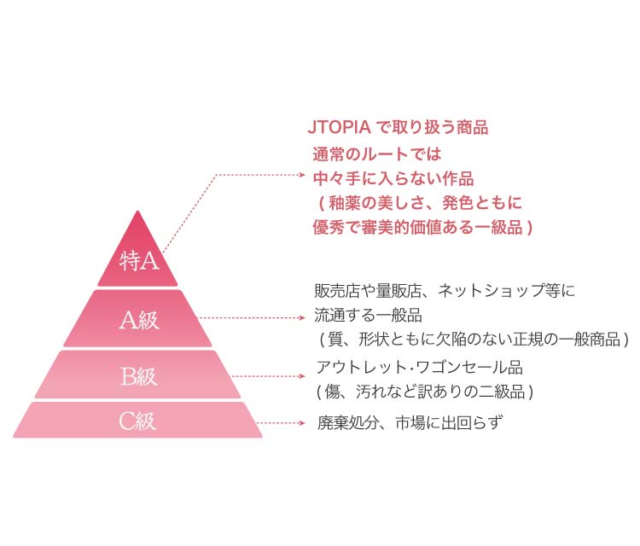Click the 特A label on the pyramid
(139, 260)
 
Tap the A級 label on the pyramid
(139, 320)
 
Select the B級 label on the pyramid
(139, 376)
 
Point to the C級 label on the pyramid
(137, 421)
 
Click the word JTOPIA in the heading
(339, 127)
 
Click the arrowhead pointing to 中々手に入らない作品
(302, 175)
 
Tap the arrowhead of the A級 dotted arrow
(302, 318)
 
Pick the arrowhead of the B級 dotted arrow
(302, 376)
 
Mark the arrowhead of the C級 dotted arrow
(302, 423)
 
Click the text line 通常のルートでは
(376, 154)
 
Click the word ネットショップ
(491, 291)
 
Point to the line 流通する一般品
(368, 315)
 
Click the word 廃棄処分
(348, 423)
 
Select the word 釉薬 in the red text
(345, 203)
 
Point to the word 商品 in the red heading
(472, 127)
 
